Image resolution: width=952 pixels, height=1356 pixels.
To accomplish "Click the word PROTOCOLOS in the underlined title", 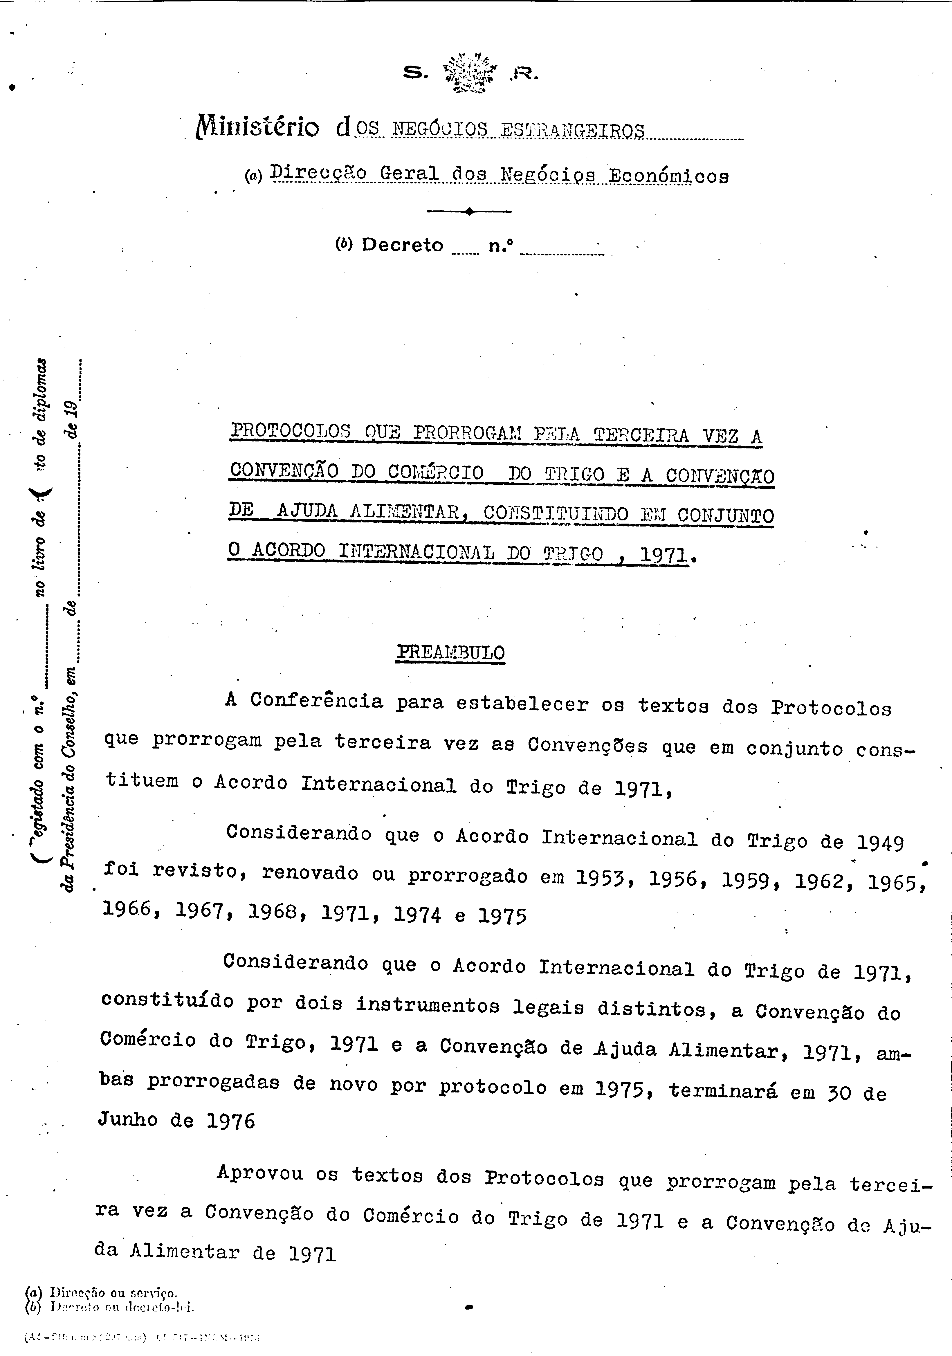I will point(290,431).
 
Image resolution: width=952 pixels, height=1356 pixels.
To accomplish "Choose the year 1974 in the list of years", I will point(417,915).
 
